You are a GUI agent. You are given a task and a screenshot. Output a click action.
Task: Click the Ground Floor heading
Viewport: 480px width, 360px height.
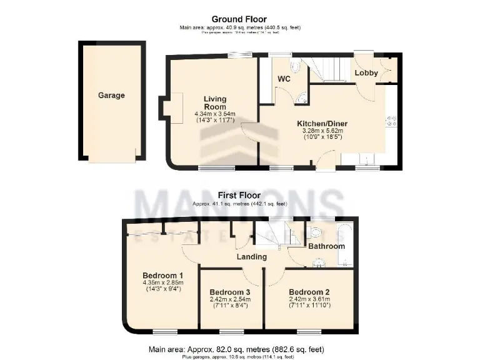coord(239,19)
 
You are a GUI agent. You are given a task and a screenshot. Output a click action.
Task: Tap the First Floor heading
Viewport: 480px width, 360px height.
coord(239,196)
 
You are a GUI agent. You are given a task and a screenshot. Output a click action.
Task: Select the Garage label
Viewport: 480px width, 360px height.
coord(111,96)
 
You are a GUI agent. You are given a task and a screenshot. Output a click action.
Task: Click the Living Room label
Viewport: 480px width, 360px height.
coord(214,103)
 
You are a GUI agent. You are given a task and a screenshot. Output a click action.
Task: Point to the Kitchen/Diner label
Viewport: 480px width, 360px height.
coord(322,123)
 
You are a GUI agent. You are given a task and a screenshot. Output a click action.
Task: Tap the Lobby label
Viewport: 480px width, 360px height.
coord(366,73)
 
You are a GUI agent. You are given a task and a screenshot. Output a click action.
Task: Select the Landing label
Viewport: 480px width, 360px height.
coord(252,256)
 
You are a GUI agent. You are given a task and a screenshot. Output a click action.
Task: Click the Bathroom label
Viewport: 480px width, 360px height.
coord(326,246)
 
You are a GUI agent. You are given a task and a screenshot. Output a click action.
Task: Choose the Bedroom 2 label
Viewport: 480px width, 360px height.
coord(309,292)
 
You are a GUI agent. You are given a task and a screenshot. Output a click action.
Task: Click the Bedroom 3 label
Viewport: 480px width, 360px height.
coord(230,292)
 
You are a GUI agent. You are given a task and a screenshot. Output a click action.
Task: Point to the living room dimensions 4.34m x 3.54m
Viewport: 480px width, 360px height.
coord(214,114)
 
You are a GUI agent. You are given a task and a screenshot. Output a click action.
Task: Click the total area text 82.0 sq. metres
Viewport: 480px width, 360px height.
coord(239,349)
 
